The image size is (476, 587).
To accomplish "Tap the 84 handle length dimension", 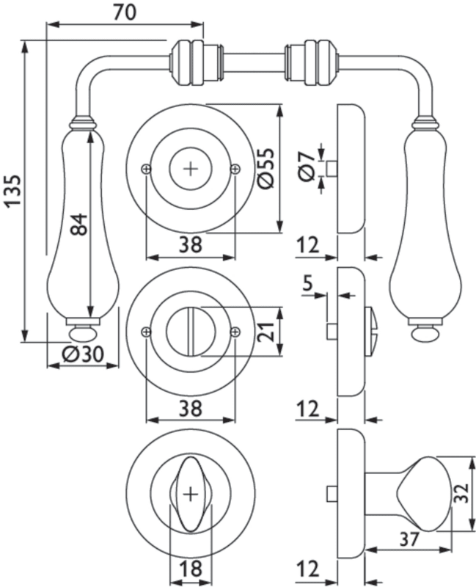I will pyautogui.click(x=79, y=224).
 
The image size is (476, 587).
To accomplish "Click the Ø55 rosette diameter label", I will pyautogui.click(x=267, y=168).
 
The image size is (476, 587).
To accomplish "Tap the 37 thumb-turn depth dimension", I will pyautogui.click(x=410, y=538).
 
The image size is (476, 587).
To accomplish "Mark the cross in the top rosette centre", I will pyautogui.click(x=191, y=169).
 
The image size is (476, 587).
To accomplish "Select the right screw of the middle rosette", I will pyautogui.click(x=234, y=332).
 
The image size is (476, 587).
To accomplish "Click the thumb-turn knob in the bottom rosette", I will pyautogui.click(x=191, y=492).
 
